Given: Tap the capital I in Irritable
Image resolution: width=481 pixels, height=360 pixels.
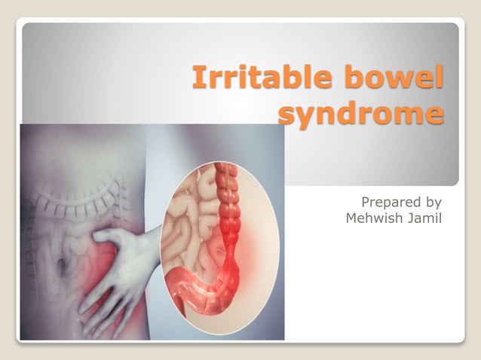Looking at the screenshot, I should tap(197, 78).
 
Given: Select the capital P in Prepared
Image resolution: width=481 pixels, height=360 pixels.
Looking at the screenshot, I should tap(366, 202).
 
